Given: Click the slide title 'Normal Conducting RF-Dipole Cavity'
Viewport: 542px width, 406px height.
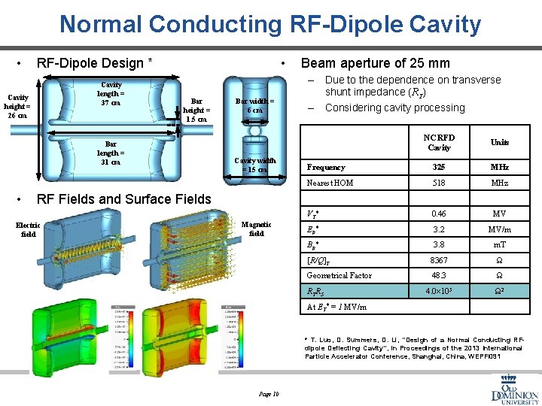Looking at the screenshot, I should (270, 25).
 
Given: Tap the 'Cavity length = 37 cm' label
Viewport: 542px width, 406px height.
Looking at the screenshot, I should (111, 95).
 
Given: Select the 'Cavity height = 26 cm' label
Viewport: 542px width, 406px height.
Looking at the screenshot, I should (17, 107).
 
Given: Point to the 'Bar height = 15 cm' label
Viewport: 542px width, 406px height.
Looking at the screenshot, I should (196, 109).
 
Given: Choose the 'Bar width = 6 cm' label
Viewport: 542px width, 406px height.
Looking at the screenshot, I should (254, 105).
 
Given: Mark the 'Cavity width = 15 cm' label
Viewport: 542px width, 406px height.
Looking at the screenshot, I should (254, 164).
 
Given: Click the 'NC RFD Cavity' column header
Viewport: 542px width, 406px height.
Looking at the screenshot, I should (439, 142).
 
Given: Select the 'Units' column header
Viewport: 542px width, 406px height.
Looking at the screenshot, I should (500, 142).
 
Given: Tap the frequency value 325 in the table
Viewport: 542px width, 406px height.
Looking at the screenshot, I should (439, 167).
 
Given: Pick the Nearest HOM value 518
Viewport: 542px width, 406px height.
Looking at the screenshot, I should (439, 183).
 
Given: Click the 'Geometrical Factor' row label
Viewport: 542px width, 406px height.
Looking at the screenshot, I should (339, 276).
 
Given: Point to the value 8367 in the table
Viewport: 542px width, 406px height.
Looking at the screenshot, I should (439, 260).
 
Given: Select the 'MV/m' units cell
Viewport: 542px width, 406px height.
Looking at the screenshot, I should (500, 229).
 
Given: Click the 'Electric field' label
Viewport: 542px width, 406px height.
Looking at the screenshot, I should (28, 229).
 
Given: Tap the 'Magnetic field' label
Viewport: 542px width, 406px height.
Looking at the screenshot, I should (256, 229).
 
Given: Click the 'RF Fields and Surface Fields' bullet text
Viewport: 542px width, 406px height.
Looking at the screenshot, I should (124, 198).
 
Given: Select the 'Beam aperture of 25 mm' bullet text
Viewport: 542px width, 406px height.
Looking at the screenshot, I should (375, 63).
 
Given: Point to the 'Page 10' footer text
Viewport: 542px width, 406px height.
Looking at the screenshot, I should (269, 394).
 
